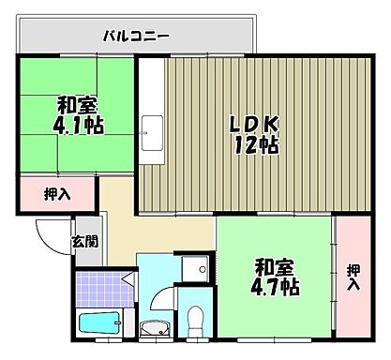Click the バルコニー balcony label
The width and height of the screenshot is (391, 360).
coord(136,38)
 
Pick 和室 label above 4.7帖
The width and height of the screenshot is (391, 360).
coord(272,264)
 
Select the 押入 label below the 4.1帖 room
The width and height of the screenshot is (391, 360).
coord(56,196)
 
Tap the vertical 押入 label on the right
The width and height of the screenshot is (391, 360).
coord(353,277)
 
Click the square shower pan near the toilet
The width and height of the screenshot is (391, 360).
coord(196,268)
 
